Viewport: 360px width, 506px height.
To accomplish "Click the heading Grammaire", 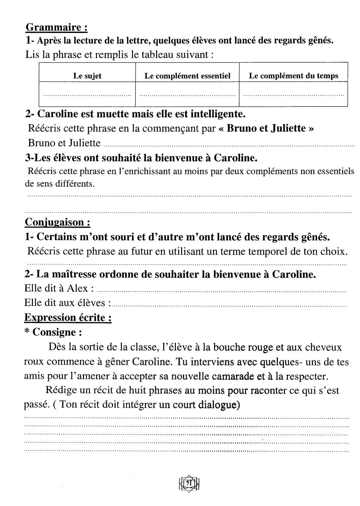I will point(56,27).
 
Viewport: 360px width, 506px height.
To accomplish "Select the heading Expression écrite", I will point(68,318).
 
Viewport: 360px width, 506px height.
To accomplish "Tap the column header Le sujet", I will point(87,76).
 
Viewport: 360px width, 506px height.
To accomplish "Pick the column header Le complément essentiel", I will point(187,76).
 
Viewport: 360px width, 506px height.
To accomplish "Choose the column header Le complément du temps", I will point(293,76).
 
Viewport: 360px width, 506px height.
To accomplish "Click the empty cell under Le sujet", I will point(87,94).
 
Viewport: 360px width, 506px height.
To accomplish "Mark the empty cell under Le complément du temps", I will point(293,94).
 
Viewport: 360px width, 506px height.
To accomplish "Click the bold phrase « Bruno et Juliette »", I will point(266,128).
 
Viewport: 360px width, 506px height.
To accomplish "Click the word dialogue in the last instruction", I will point(219,405).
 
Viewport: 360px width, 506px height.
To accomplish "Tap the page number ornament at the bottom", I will point(189,483).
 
